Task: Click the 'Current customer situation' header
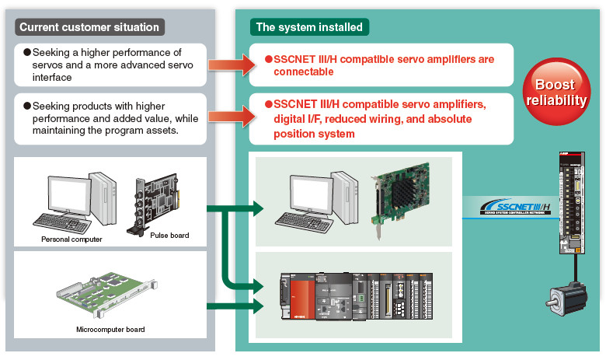coord(89,27)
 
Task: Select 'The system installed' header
coord(309,27)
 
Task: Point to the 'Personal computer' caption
coord(71,239)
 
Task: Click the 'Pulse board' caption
coord(169,235)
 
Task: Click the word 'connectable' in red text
coord(304,72)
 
